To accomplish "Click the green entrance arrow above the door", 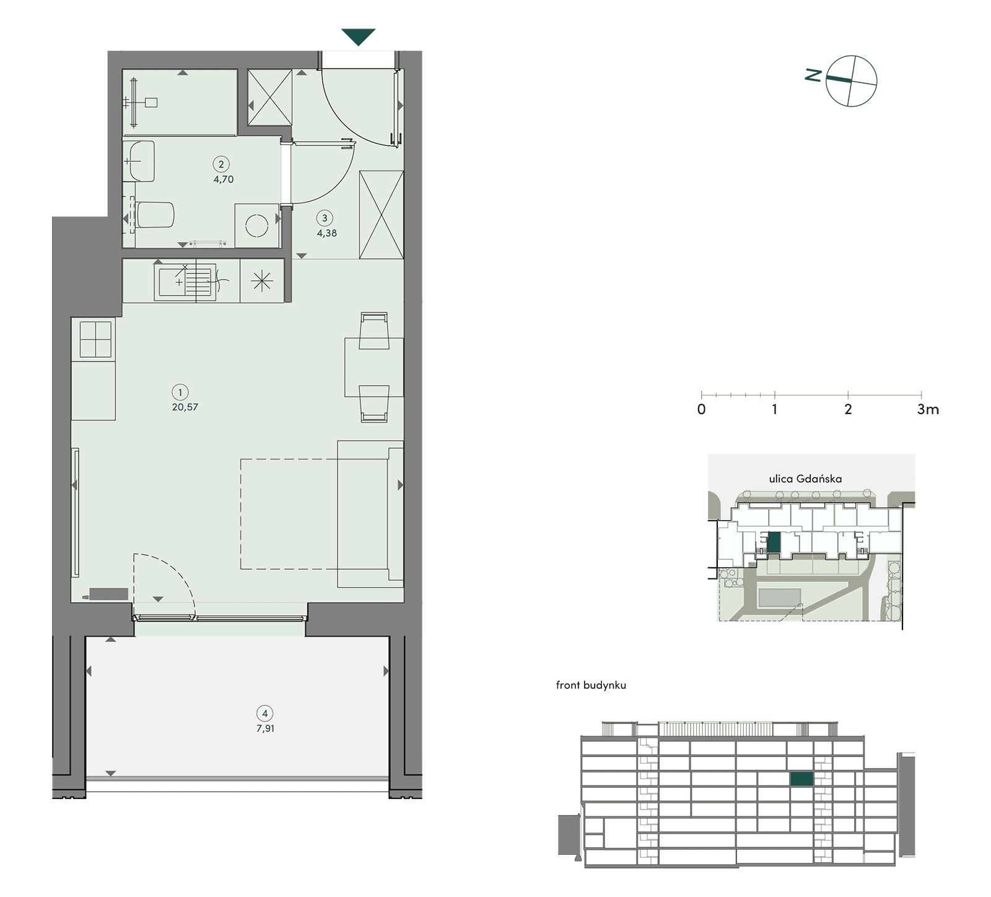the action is pos(358,37).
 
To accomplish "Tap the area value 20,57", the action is pos(185,407).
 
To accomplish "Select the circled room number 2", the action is pos(221,164).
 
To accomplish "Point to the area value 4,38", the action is pos(327,233).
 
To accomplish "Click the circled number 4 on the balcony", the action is pos(265,714).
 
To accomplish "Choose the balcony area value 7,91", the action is pos(265,728).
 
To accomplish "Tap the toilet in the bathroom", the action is pos(154,215).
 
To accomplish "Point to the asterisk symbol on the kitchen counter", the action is pos(262,282).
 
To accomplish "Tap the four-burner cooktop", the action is pos(95,340).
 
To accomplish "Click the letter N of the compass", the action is pos(813,76).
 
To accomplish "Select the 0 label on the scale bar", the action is pos(701,409).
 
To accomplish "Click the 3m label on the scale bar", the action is pos(928,409).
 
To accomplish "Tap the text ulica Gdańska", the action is pos(805,479).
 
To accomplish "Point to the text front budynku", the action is pos(591,685).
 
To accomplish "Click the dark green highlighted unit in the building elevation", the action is pos(802,779).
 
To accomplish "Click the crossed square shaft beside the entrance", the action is pos(269,97).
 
